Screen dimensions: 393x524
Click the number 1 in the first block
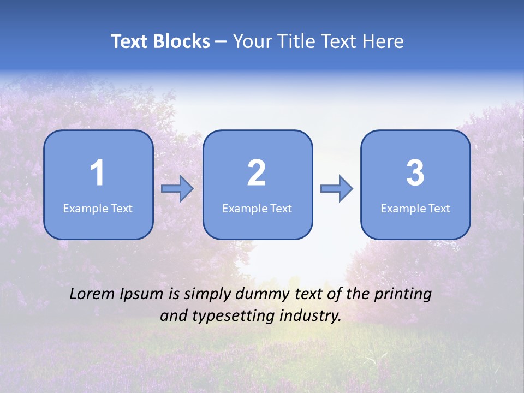(x=98, y=173)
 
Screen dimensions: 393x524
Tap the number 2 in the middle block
(x=257, y=173)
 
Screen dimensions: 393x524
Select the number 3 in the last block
(x=415, y=173)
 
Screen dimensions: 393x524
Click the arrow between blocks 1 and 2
(x=177, y=189)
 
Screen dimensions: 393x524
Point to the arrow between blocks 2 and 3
(x=336, y=189)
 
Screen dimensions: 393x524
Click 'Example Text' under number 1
(x=98, y=209)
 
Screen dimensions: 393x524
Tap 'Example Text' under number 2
(x=257, y=209)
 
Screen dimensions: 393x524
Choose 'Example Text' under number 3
(x=415, y=209)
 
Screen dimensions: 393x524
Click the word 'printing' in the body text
(x=403, y=295)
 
